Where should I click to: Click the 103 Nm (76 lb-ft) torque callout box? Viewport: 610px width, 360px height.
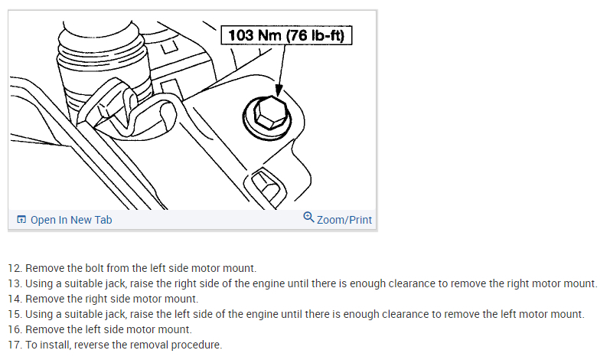click(x=286, y=35)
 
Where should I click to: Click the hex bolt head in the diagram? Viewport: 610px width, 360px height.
click(x=270, y=113)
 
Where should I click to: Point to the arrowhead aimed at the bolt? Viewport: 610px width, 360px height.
click(x=279, y=90)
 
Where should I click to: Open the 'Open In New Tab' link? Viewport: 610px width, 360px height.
click(x=71, y=220)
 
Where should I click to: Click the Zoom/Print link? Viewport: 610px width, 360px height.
click(x=344, y=220)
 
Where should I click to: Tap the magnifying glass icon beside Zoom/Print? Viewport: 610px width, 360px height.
click(x=308, y=218)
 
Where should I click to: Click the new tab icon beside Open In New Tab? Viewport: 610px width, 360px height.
click(x=21, y=220)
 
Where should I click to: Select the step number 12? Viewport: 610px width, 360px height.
click(x=15, y=268)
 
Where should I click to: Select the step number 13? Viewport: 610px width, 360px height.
click(x=15, y=283)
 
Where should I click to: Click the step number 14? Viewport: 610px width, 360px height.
click(x=15, y=299)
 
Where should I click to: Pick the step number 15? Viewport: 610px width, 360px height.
click(x=15, y=314)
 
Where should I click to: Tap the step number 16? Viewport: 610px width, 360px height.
click(x=15, y=329)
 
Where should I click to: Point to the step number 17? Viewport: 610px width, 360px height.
click(x=15, y=345)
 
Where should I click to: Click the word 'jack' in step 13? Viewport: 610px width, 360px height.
click(x=116, y=283)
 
